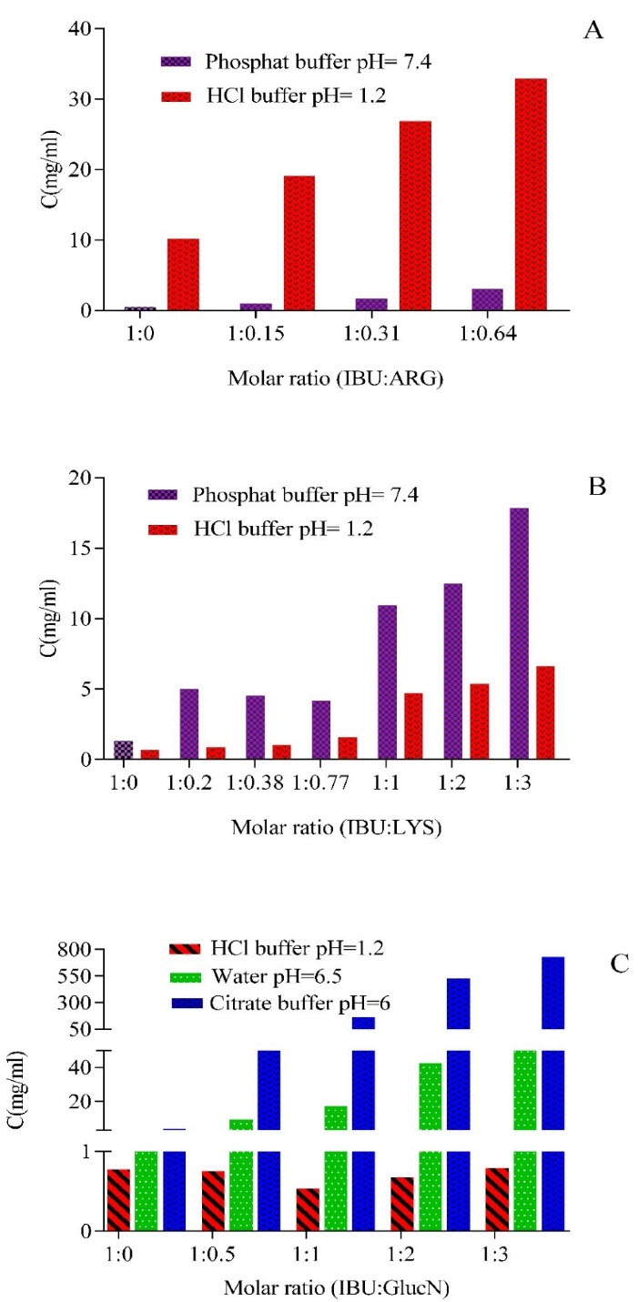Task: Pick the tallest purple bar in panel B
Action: pos(519,633)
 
